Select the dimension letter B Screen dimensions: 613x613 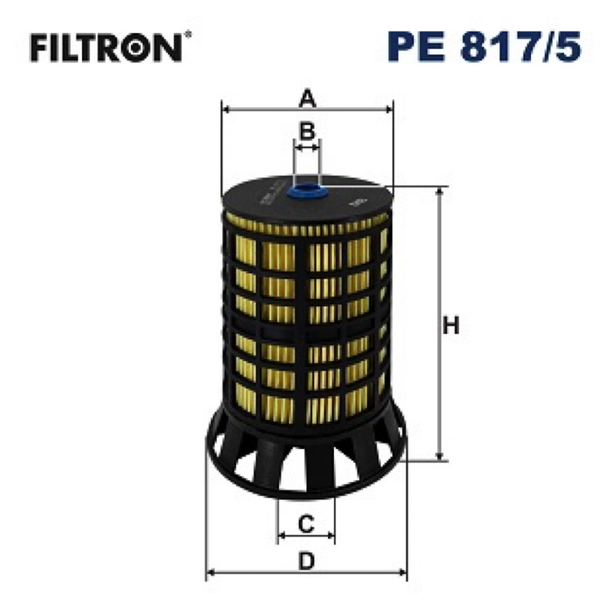point(307,131)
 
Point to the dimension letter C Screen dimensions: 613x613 point(306,523)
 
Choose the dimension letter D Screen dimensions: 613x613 point(306,562)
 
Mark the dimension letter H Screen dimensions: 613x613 point(451,325)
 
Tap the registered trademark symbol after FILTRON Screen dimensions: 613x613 point(188,34)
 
